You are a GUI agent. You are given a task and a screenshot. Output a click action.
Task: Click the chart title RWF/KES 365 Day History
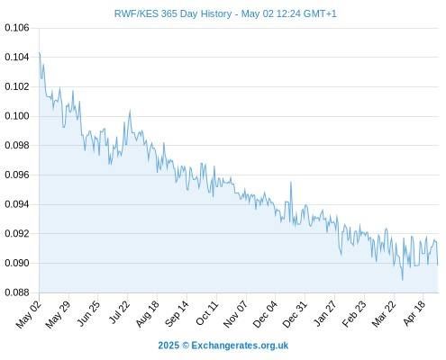(173, 13)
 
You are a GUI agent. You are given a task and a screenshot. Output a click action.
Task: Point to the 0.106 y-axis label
(17, 28)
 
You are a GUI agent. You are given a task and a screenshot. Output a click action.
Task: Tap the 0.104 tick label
(17, 57)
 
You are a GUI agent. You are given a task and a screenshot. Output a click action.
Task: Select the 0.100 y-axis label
(17, 116)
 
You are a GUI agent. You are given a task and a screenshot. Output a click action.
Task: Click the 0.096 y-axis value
(17, 175)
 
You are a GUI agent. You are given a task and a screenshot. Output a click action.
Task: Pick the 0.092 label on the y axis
(17, 234)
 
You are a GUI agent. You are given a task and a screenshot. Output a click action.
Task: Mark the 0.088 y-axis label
(17, 292)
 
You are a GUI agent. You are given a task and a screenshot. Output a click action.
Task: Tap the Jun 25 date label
(87, 313)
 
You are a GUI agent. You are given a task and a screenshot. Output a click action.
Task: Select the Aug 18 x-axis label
(147, 313)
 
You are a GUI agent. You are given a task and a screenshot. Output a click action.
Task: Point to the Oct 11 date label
(207, 313)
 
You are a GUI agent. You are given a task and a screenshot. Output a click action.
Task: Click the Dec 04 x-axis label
(265, 314)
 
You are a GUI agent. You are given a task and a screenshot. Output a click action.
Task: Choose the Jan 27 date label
(325, 313)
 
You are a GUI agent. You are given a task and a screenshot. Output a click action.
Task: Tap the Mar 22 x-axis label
(384, 314)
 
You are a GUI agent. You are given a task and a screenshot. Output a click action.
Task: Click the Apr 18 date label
(414, 313)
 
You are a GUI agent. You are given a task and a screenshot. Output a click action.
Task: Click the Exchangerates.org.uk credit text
(240, 346)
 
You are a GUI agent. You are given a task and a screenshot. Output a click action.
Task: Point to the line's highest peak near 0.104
(40, 53)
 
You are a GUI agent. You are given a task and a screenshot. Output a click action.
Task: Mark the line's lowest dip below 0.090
(403, 279)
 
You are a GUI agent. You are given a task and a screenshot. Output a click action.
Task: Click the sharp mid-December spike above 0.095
(291, 182)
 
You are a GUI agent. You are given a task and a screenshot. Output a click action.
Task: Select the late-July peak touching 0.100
(130, 111)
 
